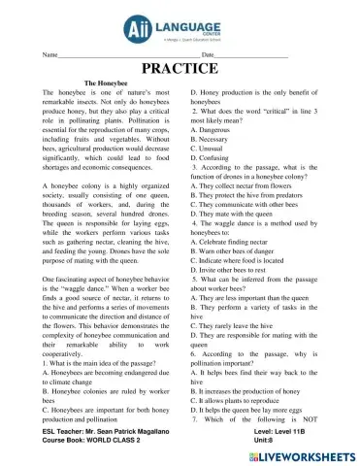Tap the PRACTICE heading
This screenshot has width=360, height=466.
tap(180, 69)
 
